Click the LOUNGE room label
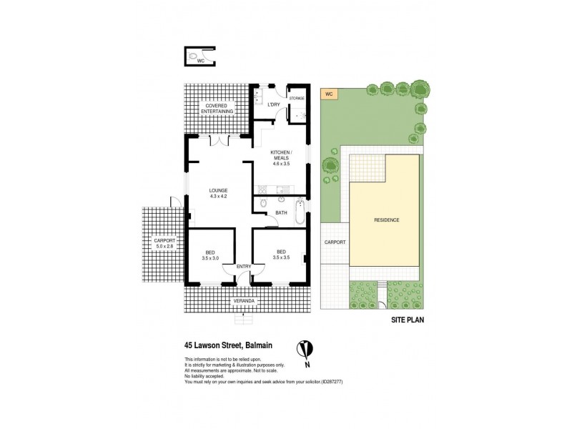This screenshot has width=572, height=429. click(x=218, y=190)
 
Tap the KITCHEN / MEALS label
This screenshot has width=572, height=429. click(x=281, y=154)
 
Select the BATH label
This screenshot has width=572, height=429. click(x=281, y=212)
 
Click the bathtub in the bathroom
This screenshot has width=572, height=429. click(x=300, y=212)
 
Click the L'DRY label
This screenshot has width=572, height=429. click(x=273, y=105)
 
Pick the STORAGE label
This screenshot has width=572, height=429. click(x=296, y=98)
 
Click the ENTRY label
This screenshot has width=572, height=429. click(x=243, y=267)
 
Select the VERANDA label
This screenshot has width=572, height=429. click(x=244, y=302)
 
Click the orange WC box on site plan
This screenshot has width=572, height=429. click(x=330, y=94)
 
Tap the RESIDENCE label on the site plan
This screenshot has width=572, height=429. click(x=385, y=220)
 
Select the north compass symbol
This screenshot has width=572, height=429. click(x=305, y=350)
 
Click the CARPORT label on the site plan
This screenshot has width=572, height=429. click(x=335, y=242)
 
